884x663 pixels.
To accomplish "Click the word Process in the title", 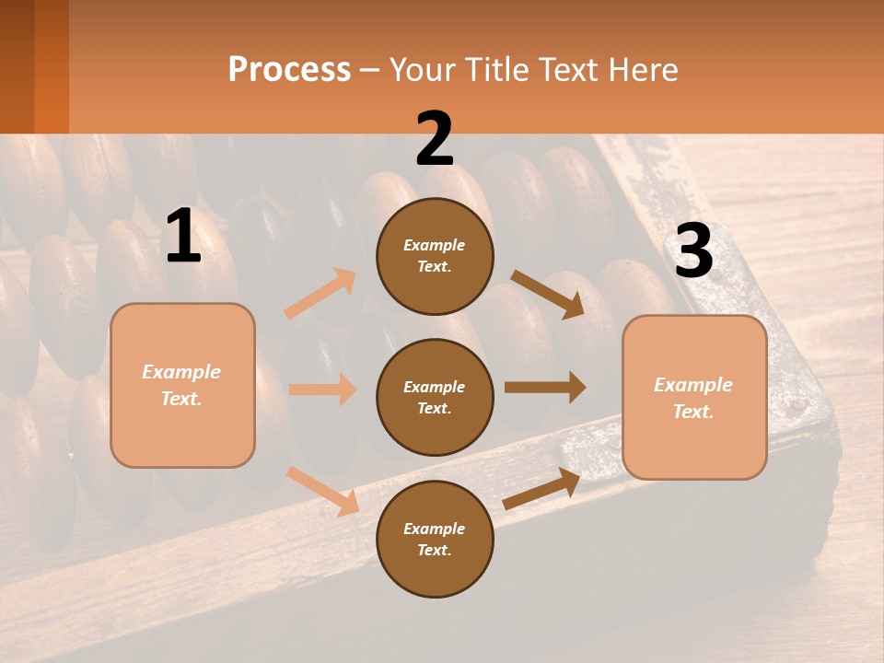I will (x=289, y=70).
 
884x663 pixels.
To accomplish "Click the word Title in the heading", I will (x=496, y=70).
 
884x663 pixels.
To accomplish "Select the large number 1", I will (x=183, y=237).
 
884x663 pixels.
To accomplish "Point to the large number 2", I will (x=435, y=139).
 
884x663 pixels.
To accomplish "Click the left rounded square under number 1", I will (x=182, y=385).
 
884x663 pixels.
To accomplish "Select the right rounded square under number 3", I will (x=694, y=398).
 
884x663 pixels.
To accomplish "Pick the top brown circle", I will (x=435, y=256).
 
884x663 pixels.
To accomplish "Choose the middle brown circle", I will (x=435, y=397).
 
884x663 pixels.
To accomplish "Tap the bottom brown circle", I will (x=435, y=539).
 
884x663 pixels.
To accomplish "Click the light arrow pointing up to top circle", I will (x=320, y=294).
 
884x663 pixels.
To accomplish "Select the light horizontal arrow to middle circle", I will (x=322, y=390).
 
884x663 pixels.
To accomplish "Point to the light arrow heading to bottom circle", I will (x=323, y=491).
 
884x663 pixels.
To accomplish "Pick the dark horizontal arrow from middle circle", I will (x=545, y=388).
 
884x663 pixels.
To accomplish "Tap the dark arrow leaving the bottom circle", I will (x=542, y=489).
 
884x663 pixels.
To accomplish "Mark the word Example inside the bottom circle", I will (x=434, y=529).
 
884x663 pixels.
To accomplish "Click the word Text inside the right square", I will (x=692, y=412).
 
